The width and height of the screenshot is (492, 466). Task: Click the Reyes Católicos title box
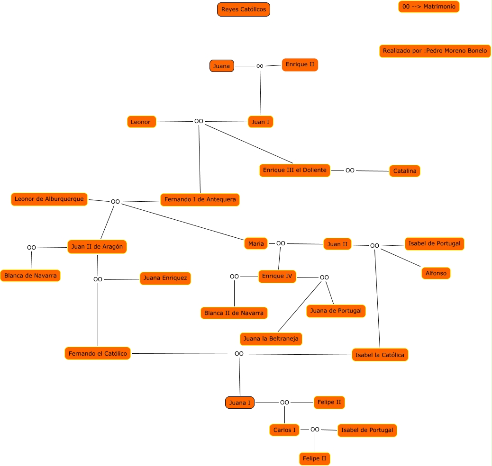click(x=244, y=9)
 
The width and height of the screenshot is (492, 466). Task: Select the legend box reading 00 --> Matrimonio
click(x=428, y=7)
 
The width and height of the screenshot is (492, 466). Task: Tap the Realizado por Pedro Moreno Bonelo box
click(x=435, y=51)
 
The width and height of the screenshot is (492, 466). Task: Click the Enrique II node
click(x=300, y=64)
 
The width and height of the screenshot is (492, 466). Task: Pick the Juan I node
click(x=260, y=122)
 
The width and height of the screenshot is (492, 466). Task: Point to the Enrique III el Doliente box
click(x=295, y=170)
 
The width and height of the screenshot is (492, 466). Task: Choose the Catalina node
click(x=405, y=171)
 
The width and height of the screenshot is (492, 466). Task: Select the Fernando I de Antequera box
click(x=200, y=200)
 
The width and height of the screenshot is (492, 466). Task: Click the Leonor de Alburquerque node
click(x=49, y=199)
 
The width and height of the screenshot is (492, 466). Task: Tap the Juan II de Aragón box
click(x=97, y=247)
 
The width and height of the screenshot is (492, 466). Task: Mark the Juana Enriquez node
click(x=165, y=278)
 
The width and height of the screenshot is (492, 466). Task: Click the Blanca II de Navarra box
click(x=234, y=313)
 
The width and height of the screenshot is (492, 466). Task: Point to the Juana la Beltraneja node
click(x=271, y=339)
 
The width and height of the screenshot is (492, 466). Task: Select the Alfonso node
click(x=436, y=273)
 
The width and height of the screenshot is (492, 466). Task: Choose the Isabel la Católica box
click(x=380, y=355)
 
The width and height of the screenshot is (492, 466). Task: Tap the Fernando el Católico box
click(x=98, y=353)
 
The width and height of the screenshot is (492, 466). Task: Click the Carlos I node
click(x=284, y=430)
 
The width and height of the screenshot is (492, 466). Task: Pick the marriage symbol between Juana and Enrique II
click(x=260, y=66)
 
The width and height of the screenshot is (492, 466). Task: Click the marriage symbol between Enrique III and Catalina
click(x=350, y=170)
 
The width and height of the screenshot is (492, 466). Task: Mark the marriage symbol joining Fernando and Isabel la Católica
click(x=239, y=354)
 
